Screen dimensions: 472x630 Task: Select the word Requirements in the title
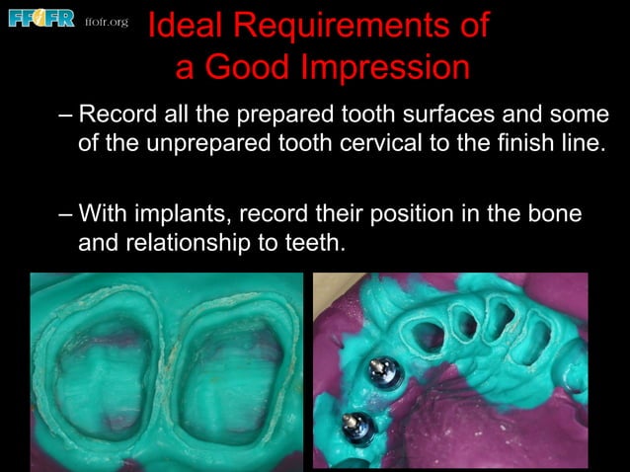(x=343, y=27)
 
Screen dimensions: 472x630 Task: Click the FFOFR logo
(x=41, y=19)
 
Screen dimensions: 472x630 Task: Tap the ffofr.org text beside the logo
(x=107, y=21)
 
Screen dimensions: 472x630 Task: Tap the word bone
(x=553, y=212)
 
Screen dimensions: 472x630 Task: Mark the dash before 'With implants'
(x=66, y=212)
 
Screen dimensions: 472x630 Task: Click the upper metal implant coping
(x=375, y=370)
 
